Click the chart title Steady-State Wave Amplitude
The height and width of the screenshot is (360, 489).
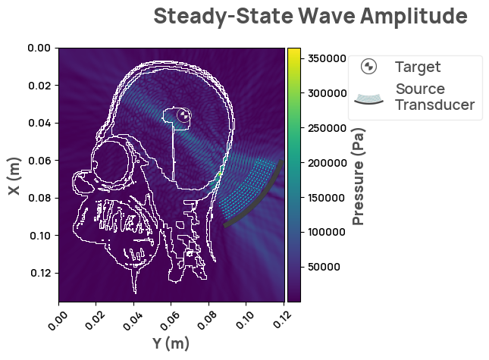pos(310,16)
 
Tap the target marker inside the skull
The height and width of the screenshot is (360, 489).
pos(183,115)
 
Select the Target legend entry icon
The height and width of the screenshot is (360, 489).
pos(368,67)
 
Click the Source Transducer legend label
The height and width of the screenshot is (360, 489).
pos(434,97)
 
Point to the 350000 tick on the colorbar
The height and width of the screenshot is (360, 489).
pos(323,58)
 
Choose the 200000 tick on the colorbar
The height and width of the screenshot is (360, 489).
pos(323,163)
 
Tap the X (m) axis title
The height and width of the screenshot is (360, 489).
pos(14,176)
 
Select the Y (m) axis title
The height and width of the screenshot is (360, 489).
pos(171,343)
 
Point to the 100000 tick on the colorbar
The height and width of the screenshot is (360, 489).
pos(323,232)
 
